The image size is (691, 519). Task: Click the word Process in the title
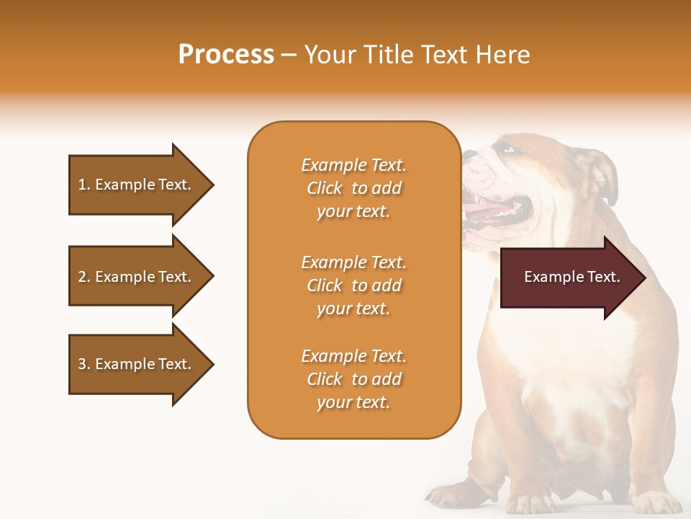(x=226, y=55)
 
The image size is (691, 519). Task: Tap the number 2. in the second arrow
(x=84, y=277)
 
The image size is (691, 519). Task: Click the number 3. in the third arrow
(x=84, y=364)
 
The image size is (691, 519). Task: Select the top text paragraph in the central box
(x=353, y=188)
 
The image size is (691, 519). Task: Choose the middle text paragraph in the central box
(x=353, y=285)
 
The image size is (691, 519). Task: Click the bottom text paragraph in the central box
(x=353, y=379)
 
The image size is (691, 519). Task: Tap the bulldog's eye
(x=509, y=149)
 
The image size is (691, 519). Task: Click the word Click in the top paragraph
(x=325, y=188)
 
